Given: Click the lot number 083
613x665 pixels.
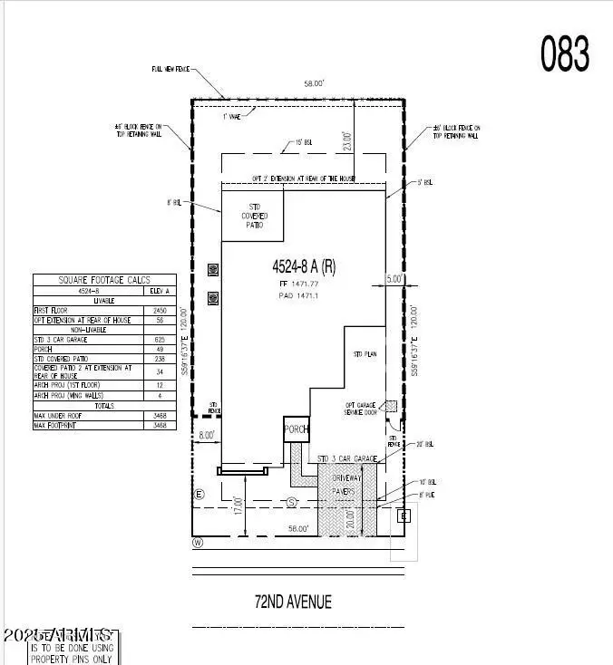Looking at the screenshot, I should click(x=566, y=53).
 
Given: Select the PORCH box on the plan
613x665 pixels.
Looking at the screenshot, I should click(x=297, y=429).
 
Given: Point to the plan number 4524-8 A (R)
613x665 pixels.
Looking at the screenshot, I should click(x=304, y=267).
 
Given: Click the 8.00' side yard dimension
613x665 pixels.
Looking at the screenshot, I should click(x=206, y=435).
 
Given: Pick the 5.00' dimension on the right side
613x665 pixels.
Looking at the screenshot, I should click(x=394, y=280).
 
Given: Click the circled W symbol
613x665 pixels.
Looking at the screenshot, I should click(x=197, y=543).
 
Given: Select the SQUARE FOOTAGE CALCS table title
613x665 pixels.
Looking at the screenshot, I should click(x=105, y=280).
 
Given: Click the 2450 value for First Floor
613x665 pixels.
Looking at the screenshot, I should click(x=160, y=311).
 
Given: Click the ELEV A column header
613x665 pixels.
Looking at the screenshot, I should click(x=160, y=292).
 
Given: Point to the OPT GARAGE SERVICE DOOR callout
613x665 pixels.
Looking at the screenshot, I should click(x=359, y=410).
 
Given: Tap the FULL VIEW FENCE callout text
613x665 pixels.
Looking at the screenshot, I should click(x=170, y=69).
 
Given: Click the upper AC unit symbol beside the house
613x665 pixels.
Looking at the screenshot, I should click(x=213, y=269).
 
